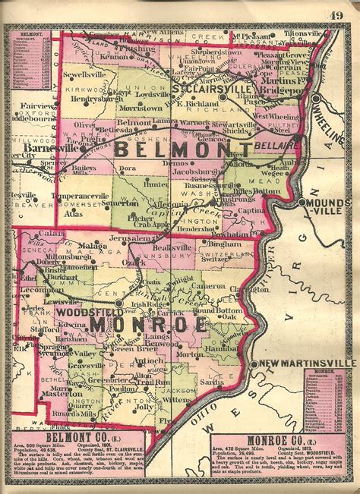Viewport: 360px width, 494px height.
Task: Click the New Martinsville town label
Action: click(308, 365)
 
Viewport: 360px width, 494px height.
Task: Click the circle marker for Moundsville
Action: click(302, 203)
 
